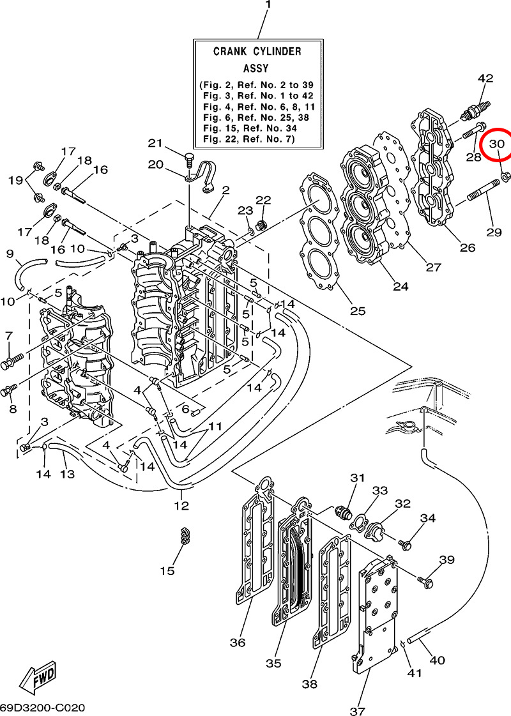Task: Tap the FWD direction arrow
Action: (38, 678)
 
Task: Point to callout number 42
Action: (485, 79)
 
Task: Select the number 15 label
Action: (167, 570)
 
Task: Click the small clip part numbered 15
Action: (185, 536)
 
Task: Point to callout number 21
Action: (156, 142)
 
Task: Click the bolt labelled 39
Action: (427, 581)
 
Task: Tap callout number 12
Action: (181, 505)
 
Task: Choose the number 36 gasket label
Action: (238, 642)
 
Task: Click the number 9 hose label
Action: (10, 254)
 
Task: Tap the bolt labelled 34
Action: (405, 544)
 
